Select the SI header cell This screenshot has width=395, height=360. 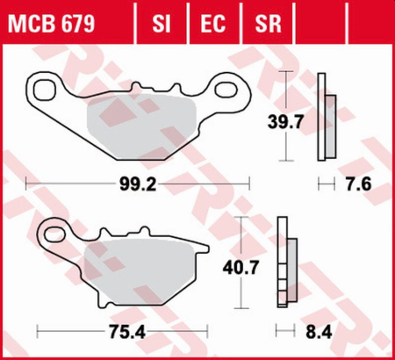(160, 20)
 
